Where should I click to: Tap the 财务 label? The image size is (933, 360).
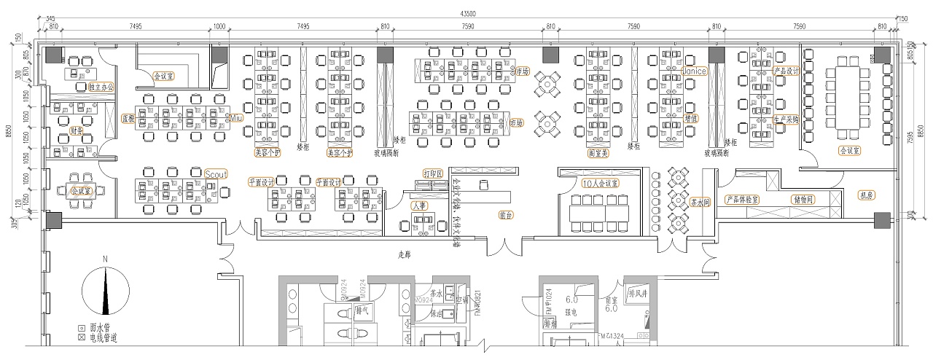[77, 131]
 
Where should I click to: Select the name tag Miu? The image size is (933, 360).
[235, 117]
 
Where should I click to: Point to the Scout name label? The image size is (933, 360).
[216, 174]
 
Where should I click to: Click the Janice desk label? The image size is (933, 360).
[695, 71]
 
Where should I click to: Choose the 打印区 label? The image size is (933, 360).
[434, 174]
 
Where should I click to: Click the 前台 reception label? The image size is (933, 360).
[506, 216]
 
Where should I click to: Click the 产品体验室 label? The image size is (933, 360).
[741, 199]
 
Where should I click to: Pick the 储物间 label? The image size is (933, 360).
[803, 199]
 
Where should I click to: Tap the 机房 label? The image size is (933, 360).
[867, 195]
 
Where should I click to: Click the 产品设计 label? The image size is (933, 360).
[786, 71]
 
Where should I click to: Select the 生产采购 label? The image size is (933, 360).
[786, 119]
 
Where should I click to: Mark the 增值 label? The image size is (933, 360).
[691, 118]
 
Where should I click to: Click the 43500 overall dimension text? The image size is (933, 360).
[468, 14]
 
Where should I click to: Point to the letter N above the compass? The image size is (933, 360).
[105, 259]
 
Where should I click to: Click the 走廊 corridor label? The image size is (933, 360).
[405, 256]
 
